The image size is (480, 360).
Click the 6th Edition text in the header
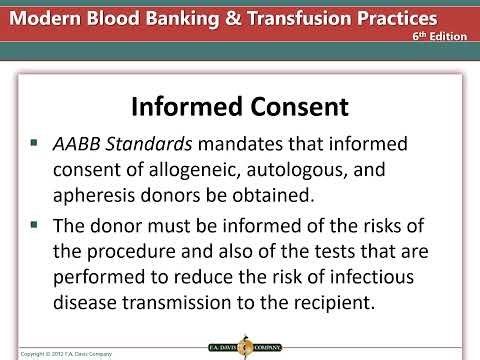click(x=441, y=34)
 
